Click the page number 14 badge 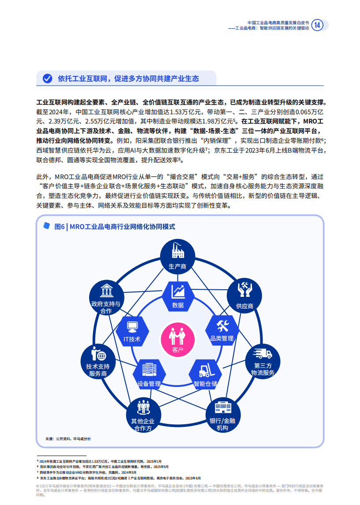click(x=318, y=25)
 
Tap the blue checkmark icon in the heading click(x=47, y=79)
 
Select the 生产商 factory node click(x=178, y=257)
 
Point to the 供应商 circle click(x=244, y=296)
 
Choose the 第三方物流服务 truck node click(x=262, y=362)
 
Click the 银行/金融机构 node click(x=223, y=415)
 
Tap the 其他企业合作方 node click(x=143, y=415)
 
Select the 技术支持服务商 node click(x=98, y=362)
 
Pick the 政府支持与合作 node click(x=106, y=298)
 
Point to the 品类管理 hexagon click(x=222, y=330)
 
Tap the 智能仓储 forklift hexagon click(x=205, y=374)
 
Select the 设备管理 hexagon click(x=149, y=374)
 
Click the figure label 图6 click(x=60, y=227)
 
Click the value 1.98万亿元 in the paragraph click(x=217, y=121)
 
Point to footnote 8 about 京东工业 click(x=119, y=478)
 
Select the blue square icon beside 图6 click(x=47, y=226)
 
